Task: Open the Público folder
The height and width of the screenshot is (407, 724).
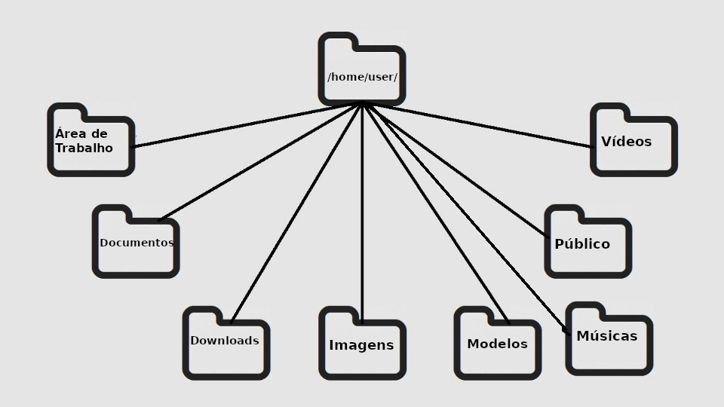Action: [x=587, y=242]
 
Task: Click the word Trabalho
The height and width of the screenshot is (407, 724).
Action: [x=84, y=148]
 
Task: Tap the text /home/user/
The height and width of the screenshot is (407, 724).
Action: [x=362, y=78]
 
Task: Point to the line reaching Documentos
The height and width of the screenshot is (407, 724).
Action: [x=260, y=162]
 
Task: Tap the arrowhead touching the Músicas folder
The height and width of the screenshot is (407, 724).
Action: [x=566, y=329]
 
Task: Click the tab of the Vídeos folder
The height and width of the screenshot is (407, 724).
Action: [x=609, y=111]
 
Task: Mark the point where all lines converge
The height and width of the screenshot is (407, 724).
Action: [x=363, y=104]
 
